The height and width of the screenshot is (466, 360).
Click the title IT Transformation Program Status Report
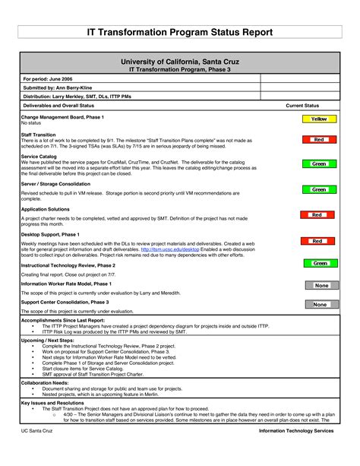tap(179, 33)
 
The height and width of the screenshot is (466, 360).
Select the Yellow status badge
tap(319, 119)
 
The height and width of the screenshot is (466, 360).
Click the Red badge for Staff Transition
tap(319, 140)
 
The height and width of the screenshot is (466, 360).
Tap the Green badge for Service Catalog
tap(319, 163)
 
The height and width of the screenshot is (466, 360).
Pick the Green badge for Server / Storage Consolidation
tap(319, 189)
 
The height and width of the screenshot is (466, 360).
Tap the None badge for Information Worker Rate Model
tap(321, 285)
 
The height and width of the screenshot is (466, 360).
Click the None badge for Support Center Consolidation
tap(321, 304)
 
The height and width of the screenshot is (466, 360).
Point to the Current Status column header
tap(302, 106)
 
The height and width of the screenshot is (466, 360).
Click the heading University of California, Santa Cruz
tap(179, 61)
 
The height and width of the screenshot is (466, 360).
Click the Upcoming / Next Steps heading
tap(48, 340)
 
